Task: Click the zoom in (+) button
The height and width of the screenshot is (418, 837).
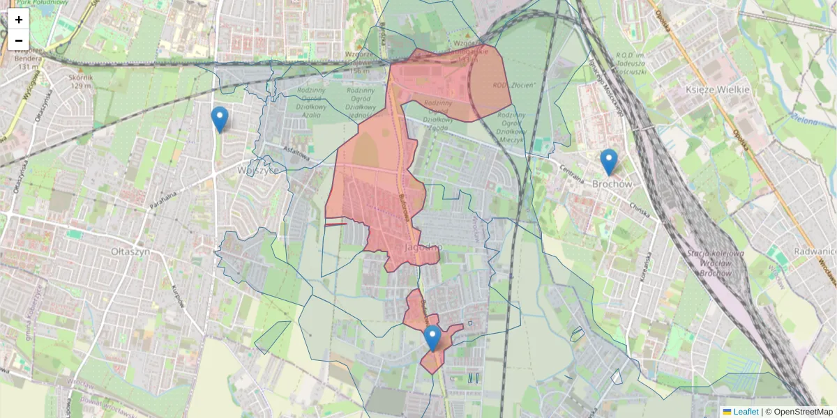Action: (x=19, y=20)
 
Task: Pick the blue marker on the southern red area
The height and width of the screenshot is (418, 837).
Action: (x=432, y=339)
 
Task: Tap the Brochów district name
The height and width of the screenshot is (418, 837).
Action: (x=612, y=184)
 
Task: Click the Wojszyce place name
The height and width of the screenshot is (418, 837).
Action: (x=258, y=170)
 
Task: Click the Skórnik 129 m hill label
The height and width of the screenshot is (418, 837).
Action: (x=81, y=82)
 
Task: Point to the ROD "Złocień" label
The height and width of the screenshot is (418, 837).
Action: (x=515, y=84)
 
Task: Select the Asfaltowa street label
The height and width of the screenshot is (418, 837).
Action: (x=296, y=152)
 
